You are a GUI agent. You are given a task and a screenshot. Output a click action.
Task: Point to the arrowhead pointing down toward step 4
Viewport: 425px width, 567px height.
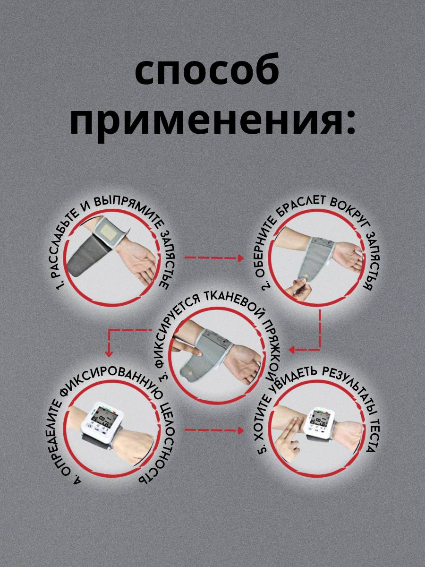click(x=109, y=352)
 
